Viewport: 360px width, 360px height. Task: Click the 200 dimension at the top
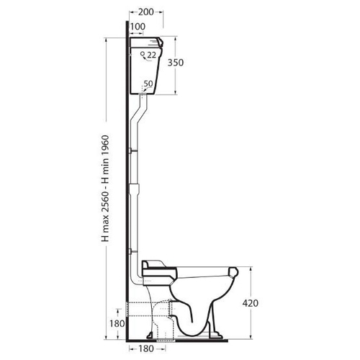tap(146, 12)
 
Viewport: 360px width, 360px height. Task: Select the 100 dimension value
tap(138, 27)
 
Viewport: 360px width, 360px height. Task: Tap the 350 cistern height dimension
tap(176, 63)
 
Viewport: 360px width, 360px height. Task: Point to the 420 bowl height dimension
tap(251, 303)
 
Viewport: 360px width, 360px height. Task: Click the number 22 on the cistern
tap(151, 55)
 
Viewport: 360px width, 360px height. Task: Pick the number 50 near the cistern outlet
tap(148, 84)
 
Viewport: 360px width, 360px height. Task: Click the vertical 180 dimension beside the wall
tap(117, 324)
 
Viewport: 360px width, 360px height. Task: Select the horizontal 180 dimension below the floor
tap(146, 348)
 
